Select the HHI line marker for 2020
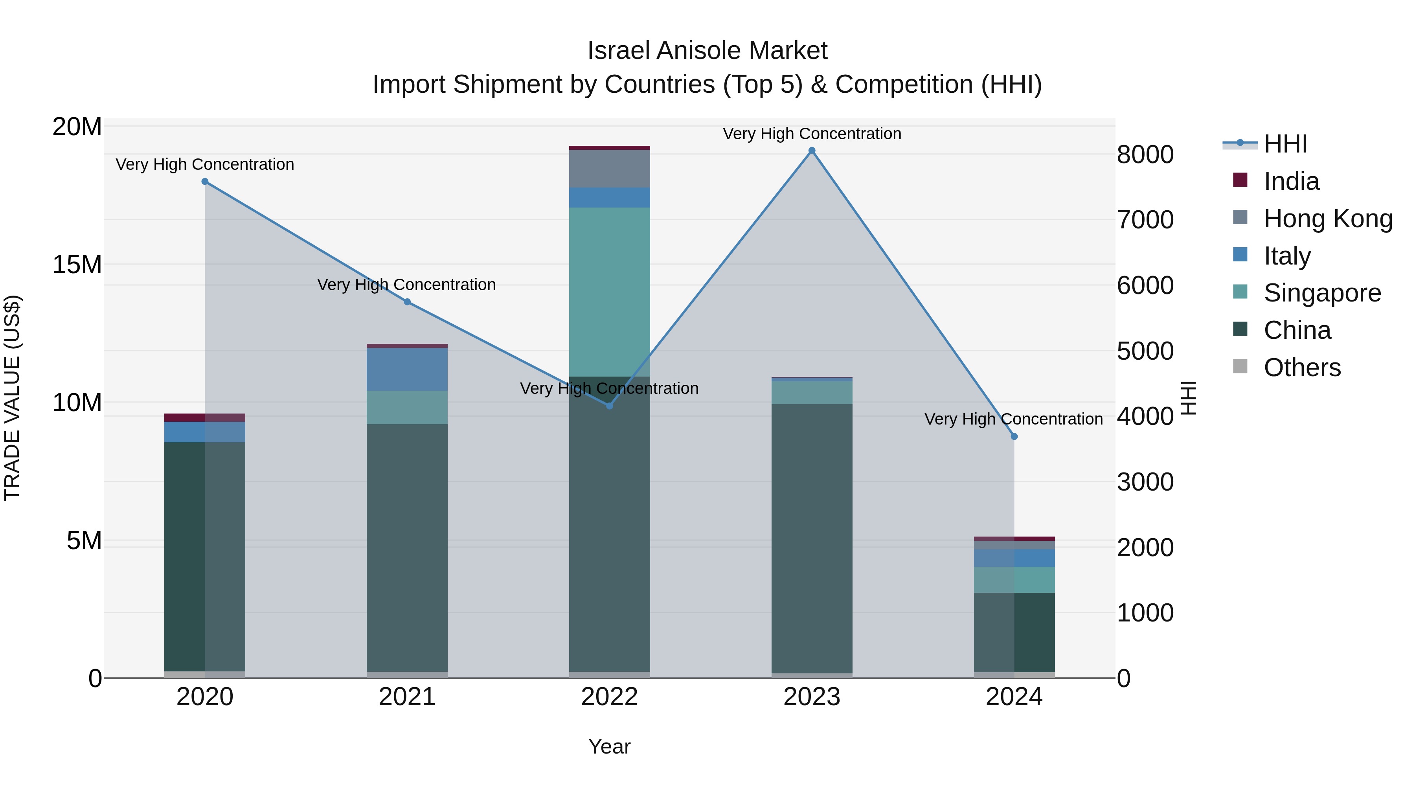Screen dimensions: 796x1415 pos(205,181)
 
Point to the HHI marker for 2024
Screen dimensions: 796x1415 pos(1014,436)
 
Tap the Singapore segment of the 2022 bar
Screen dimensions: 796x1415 pos(609,291)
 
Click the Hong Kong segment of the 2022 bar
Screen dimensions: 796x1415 pos(609,169)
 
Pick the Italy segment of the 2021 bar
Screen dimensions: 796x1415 pos(407,369)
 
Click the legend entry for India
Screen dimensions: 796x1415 pos(1291,181)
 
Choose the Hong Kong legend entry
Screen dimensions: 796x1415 pos(1328,219)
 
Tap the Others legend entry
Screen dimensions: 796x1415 pos(1302,368)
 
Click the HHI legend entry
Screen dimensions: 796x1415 pos(1285,144)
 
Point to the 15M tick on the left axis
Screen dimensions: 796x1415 pos(77,265)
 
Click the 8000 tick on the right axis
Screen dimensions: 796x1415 pos(1145,154)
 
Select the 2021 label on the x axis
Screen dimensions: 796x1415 pos(407,697)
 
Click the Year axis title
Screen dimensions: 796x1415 pos(609,746)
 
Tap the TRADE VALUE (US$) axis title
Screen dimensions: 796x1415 pos(12,398)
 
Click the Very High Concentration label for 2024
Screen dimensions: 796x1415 pos(1013,419)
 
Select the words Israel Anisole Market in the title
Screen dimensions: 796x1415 pos(707,51)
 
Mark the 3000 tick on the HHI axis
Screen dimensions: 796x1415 pos(1145,482)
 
